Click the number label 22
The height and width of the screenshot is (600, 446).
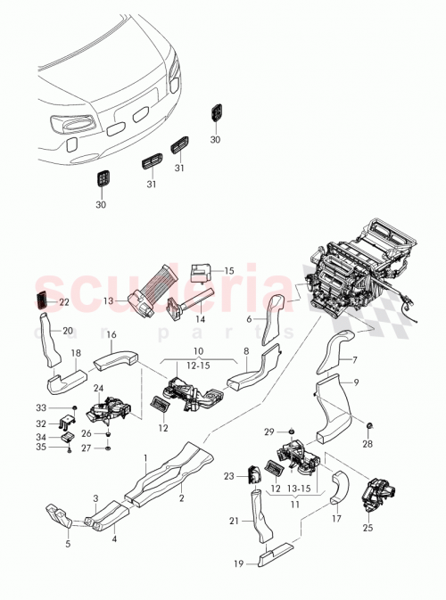point(63,302)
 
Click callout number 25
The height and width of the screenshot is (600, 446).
point(368,526)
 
